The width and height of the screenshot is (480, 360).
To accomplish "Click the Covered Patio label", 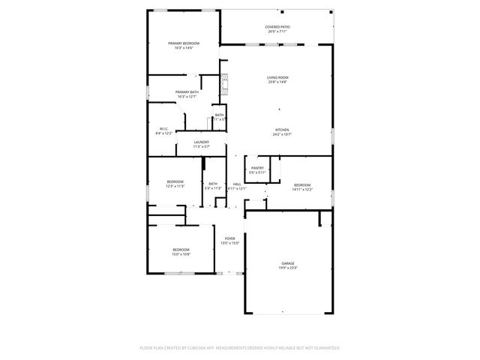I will pos(277,27).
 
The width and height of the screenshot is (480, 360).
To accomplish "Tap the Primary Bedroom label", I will pos(184,43).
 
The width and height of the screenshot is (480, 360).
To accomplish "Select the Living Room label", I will pos(277,77).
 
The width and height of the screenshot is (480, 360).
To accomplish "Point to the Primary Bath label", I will pos(187,91).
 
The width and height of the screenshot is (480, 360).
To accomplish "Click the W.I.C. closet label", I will pos(163,128).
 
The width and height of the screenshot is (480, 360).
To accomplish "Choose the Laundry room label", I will pos(201,142).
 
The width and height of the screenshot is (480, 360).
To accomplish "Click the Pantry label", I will pos(257,168).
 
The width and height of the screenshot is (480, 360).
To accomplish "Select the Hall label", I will pos(237,184).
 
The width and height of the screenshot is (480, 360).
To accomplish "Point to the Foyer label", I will pos(229,238).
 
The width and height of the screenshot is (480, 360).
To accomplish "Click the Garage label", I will pos(288,263).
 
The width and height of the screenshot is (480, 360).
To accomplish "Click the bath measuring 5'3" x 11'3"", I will pos(213,184).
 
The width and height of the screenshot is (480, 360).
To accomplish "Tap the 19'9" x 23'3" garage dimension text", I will pos(288,268).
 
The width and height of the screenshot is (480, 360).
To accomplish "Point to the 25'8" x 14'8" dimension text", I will pos(277,82).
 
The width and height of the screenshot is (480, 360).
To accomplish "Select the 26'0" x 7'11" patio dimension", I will pos(277,31).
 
